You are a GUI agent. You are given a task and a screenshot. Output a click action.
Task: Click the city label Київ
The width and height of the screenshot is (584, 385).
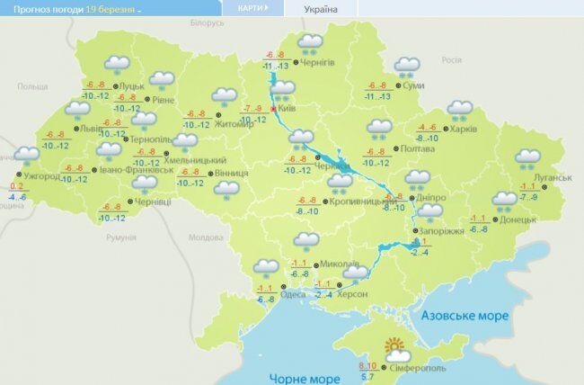[x=288, y=108]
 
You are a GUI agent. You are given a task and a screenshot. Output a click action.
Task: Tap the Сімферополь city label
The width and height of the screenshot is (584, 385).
[x=415, y=369]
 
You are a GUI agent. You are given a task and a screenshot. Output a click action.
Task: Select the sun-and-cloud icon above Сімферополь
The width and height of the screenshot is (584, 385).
[x=396, y=347]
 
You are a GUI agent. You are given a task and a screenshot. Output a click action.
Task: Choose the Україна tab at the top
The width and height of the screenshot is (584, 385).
[x=320, y=8]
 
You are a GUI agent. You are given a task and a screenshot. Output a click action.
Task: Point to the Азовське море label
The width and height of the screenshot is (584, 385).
[x=466, y=317]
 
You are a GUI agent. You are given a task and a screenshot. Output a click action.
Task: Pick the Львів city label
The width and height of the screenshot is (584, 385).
[x=91, y=129]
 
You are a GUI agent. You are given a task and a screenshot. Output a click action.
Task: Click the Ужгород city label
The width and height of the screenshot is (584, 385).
[x=42, y=176]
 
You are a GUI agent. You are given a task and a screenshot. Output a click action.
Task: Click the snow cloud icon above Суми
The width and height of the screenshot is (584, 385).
[x=408, y=66]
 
